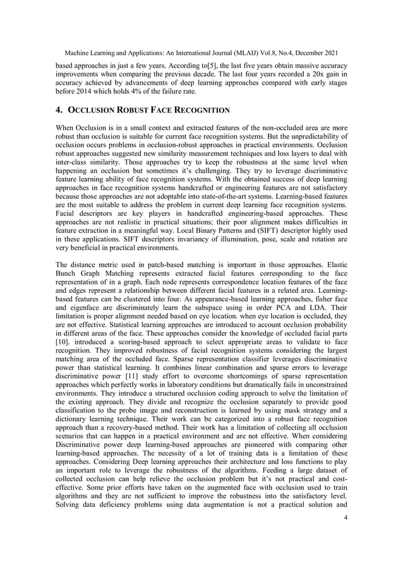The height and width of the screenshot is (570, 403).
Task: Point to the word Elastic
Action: (x=334, y=269)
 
